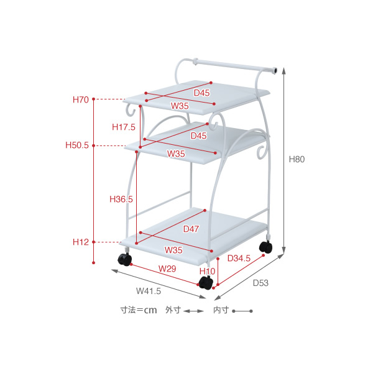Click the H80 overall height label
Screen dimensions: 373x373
[x=297, y=159]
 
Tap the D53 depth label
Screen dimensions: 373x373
[x=260, y=283]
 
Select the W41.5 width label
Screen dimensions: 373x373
[x=149, y=291]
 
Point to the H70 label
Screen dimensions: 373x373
[x=81, y=99]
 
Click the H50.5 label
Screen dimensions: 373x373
[x=77, y=145]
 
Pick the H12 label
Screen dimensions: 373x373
[x=81, y=242]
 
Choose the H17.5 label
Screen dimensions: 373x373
[x=124, y=127]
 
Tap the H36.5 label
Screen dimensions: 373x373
[x=121, y=199]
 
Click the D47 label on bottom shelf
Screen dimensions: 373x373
[x=191, y=229]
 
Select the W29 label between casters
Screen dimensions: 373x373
[x=167, y=269]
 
